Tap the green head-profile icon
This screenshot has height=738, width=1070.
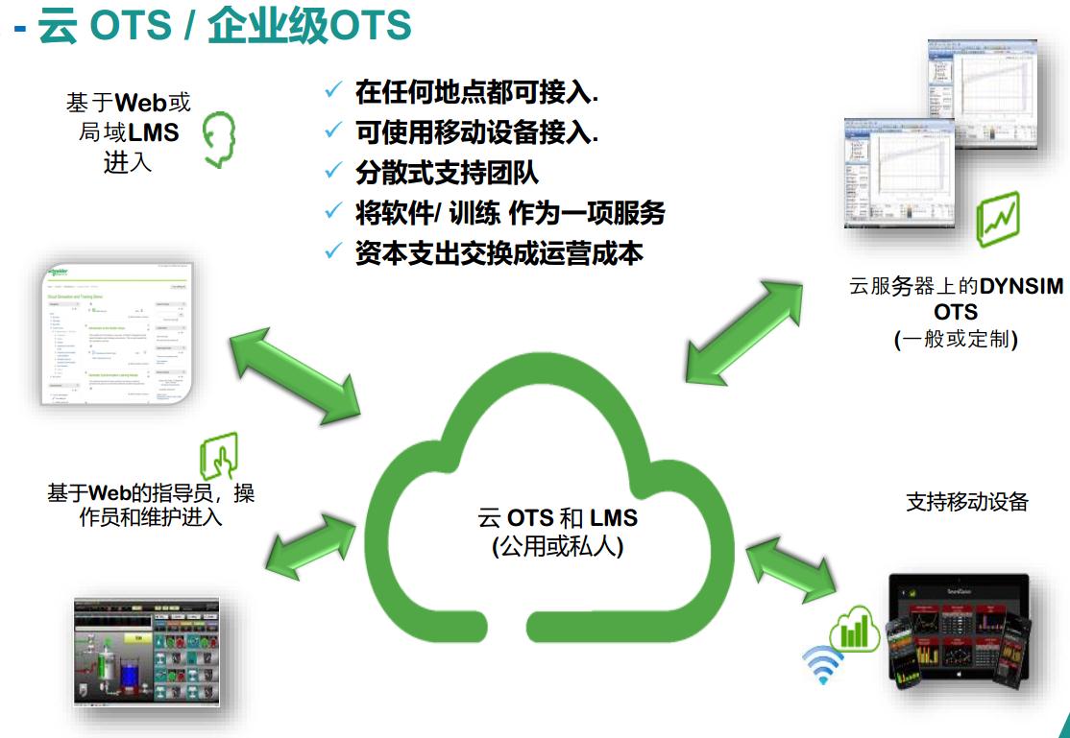(x=220, y=140)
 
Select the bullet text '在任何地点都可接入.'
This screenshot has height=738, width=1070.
(x=476, y=92)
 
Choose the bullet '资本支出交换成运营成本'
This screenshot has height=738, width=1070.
(x=499, y=252)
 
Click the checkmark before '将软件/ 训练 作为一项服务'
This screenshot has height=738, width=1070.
(x=333, y=212)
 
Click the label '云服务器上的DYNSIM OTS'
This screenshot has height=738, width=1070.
(x=956, y=298)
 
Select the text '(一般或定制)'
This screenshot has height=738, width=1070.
(x=955, y=339)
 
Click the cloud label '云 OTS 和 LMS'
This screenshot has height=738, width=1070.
(x=557, y=518)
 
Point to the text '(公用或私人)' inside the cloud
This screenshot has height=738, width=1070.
(x=557, y=547)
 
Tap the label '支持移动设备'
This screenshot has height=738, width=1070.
(x=966, y=502)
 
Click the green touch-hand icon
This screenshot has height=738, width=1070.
(x=219, y=454)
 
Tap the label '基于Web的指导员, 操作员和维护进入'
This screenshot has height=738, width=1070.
(x=151, y=505)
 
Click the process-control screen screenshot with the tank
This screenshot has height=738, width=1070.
(x=147, y=652)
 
